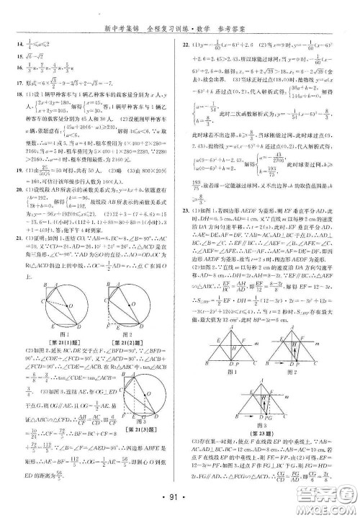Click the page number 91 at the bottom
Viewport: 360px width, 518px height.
(180, 496)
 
